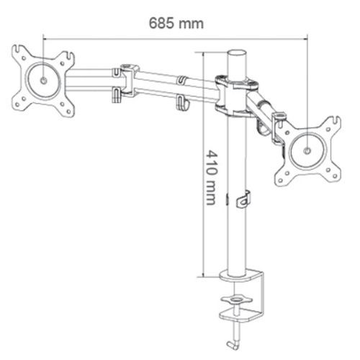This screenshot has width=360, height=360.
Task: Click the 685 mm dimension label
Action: pyautogui.click(x=176, y=24)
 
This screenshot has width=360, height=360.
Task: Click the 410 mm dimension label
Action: pyautogui.click(x=212, y=178)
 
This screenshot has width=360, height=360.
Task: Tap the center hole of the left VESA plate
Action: pyautogui.click(x=43, y=81)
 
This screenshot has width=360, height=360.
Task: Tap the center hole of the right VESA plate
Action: pyautogui.click(x=307, y=150)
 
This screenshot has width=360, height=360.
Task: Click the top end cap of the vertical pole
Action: pyautogui.click(x=237, y=53)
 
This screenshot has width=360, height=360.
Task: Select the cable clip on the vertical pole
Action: pyautogui.click(x=243, y=199)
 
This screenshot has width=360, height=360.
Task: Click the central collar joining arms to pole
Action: pyautogui.click(x=237, y=96)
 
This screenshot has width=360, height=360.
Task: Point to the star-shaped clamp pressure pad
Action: pyautogui.click(x=237, y=300)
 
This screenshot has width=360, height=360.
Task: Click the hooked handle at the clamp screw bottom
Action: pyautogui.click(x=233, y=344)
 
